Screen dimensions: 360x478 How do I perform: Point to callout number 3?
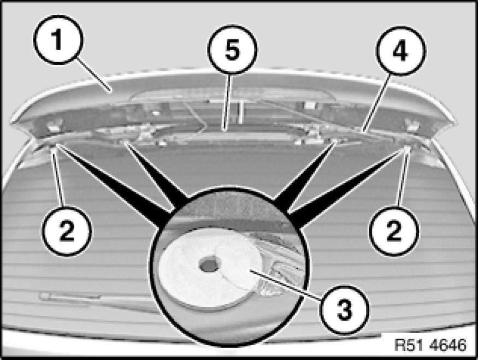point(344,311)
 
